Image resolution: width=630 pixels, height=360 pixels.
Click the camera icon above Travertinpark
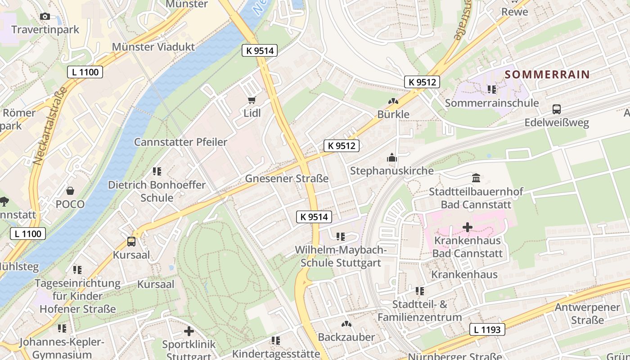click(x=45, y=17)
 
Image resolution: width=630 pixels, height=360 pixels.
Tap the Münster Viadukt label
click(x=153, y=47)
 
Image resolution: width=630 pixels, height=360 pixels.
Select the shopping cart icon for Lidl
click(x=252, y=100)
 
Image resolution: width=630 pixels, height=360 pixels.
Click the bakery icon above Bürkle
click(x=393, y=102)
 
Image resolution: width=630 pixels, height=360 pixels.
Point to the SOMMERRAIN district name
click(x=547, y=75)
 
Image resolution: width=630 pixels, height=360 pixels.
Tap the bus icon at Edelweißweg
click(x=557, y=109)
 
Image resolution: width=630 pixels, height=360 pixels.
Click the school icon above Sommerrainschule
click(x=491, y=90)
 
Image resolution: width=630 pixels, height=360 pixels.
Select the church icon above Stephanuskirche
click(x=392, y=158)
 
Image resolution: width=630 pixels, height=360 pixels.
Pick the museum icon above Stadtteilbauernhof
click(x=476, y=178)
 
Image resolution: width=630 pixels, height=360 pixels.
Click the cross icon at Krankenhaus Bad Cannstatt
click(x=468, y=227)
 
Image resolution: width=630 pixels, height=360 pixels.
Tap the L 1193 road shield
click(x=487, y=329)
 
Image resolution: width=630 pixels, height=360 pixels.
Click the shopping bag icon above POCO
click(x=70, y=191)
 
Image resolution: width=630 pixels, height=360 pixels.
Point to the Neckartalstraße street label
click(x=49, y=126)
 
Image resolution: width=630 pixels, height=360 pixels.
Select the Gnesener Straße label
click(x=287, y=179)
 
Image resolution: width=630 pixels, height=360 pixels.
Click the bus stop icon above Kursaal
click(x=131, y=242)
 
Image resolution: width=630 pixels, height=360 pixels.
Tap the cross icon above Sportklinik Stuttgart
click(x=189, y=332)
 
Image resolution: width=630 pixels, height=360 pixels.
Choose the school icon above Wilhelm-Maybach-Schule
click(x=341, y=237)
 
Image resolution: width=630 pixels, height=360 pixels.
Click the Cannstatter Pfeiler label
click(x=180, y=142)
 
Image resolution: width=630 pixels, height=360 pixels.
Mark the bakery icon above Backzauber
click(x=346, y=324)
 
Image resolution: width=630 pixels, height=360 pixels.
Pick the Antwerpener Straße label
click(x=587, y=314)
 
